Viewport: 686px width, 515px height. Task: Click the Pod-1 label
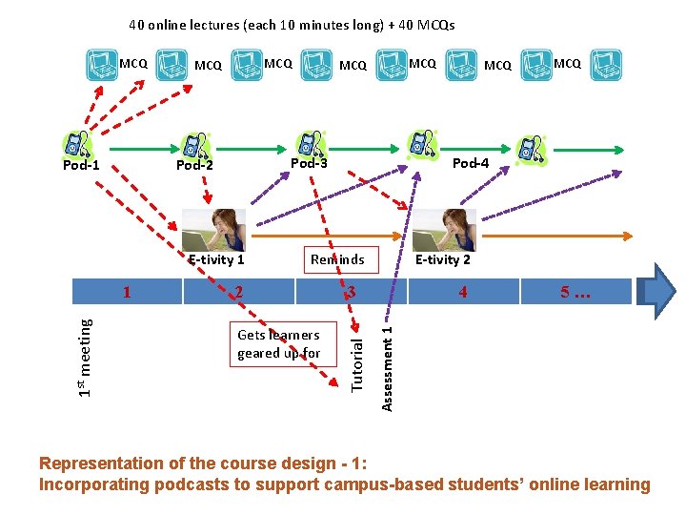(81, 166)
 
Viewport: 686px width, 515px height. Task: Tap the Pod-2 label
(194, 165)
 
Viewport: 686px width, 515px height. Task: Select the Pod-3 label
(309, 163)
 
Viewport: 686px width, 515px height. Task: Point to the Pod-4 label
(471, 163)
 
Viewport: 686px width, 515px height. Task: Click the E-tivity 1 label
(216, 259)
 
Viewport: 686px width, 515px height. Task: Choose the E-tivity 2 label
(443, 259)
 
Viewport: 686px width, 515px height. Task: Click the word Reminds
(337, 259)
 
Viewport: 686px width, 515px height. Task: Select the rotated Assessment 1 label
(387, 368)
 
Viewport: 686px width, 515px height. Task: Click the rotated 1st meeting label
(86, 358)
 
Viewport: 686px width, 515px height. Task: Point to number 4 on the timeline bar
(463, 292)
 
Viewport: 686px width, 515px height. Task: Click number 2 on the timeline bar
(239, 292)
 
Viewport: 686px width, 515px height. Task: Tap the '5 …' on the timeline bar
(575, 292)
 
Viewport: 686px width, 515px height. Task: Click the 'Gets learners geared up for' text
(278, 344)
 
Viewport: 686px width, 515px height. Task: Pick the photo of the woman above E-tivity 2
(443, 230)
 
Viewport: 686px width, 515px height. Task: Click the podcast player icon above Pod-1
(75, 143)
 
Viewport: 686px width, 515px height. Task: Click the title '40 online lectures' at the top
(292, 25)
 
